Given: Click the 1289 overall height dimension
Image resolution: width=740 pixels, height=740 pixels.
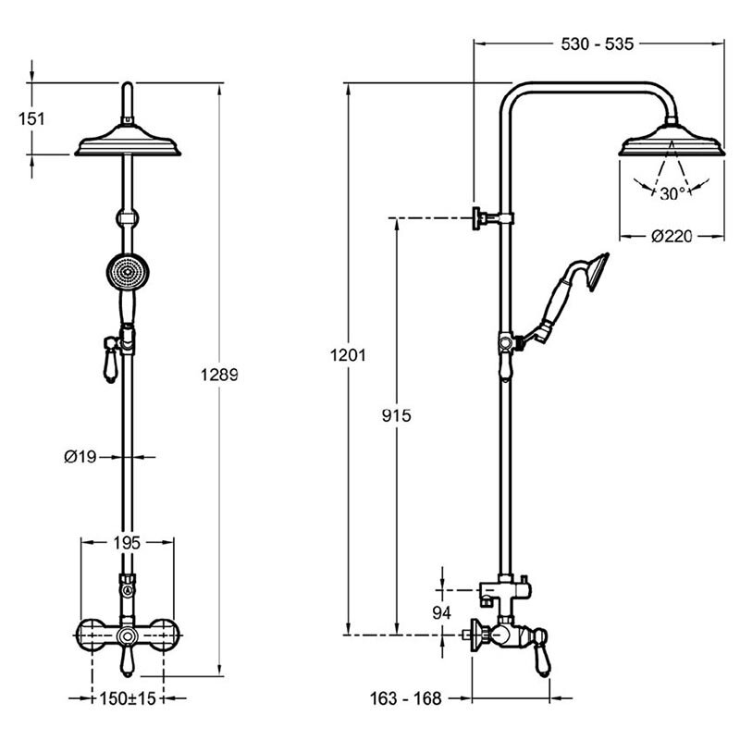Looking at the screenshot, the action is pos(219,375).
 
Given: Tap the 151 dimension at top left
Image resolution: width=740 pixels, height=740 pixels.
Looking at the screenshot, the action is pos(31,118).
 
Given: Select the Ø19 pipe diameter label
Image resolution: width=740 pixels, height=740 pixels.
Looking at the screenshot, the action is pos(80,456).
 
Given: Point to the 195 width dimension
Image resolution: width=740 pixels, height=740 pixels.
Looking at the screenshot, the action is pos(127,543).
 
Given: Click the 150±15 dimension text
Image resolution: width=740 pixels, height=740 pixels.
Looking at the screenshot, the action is pos(128,698).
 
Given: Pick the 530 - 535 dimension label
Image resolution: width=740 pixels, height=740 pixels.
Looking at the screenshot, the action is pos(597,43).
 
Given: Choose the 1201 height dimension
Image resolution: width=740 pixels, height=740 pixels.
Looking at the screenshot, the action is pos(348,355).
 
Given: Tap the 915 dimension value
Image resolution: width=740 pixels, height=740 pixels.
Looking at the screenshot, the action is pos(397,415).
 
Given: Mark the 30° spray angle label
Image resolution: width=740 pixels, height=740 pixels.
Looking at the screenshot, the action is pos(673,193).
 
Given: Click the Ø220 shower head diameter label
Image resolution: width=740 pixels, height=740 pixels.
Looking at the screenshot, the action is pos(672,236).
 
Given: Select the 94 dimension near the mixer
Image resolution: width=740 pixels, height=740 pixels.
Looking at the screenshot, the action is pos(442,612).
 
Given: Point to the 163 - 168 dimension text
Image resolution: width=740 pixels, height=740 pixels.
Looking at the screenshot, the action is pos(406,698).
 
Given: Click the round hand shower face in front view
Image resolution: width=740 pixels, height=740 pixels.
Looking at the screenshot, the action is pos(128,271).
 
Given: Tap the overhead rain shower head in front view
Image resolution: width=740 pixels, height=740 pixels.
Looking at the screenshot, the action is pos(128,141).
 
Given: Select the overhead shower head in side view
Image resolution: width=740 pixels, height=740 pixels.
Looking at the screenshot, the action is pos(672,141).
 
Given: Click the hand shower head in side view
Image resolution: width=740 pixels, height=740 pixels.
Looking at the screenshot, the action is pos(597,271).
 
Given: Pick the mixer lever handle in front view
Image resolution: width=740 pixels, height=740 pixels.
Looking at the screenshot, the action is pos(127,660).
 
